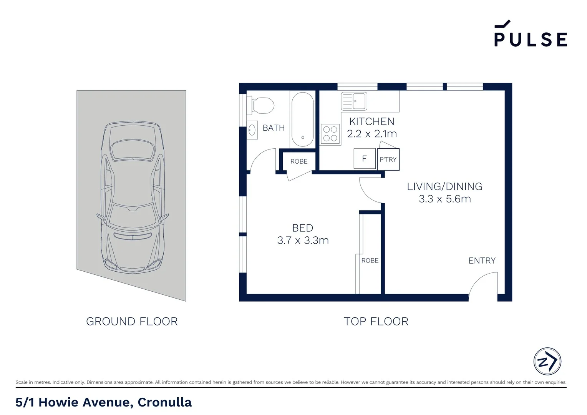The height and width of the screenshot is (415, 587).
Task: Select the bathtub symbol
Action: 302,119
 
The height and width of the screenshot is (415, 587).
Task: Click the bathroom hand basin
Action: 252,130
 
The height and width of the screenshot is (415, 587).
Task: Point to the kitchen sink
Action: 354,101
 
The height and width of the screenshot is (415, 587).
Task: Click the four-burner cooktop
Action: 330,134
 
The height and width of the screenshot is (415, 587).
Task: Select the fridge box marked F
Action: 364,158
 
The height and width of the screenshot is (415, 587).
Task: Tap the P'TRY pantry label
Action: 388,159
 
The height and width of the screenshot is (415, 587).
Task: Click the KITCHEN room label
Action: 371,121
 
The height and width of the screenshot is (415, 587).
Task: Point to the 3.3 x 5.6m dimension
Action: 444,199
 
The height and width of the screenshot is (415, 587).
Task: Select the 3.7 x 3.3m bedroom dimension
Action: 303,240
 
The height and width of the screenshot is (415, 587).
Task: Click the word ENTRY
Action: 482,261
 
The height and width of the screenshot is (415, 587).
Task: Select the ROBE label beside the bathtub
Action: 299,161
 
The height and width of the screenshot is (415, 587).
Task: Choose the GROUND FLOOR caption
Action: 132,321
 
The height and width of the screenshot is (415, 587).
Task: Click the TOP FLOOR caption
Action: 376,321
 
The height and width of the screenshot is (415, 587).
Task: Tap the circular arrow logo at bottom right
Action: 547,361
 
